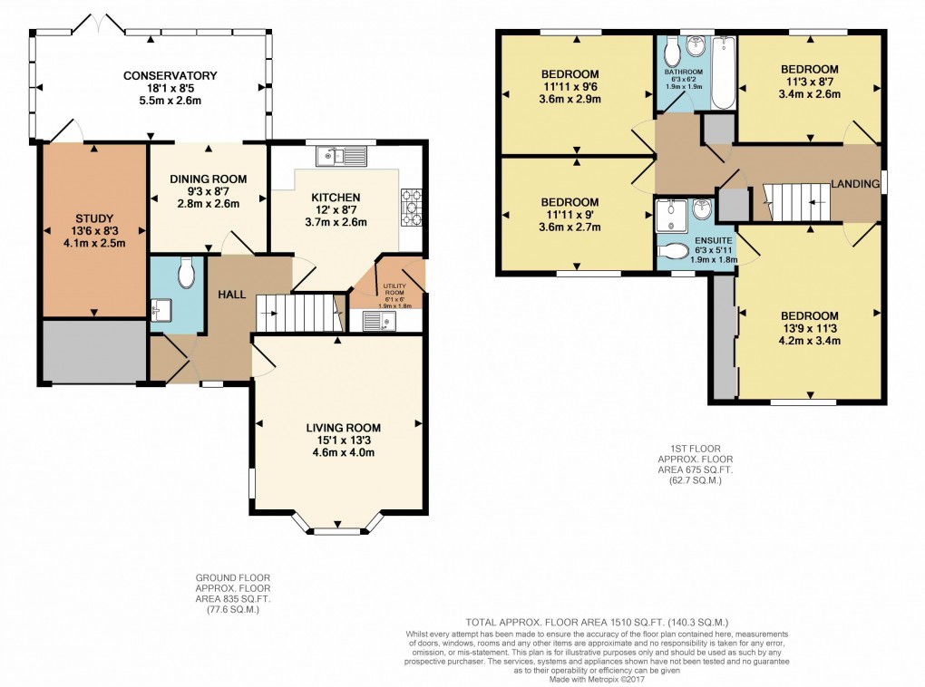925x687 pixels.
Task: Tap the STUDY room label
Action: (92, 218)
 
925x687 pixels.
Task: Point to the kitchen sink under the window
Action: (341, 156)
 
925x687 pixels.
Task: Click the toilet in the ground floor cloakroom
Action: (186, 270)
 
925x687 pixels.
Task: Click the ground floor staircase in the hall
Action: (300, 313)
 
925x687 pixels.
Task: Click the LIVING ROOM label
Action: (343, 428)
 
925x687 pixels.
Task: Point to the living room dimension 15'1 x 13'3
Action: (343, 440)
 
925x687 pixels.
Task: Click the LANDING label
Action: (857, 184)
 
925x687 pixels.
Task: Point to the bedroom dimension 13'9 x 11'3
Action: (809, 329)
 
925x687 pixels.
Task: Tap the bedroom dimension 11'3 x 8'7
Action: (809, 82)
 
